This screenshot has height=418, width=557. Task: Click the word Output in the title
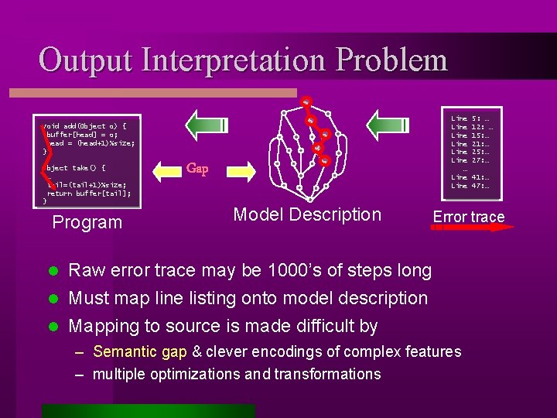(85, 60)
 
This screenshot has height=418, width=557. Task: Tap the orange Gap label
(198, 169)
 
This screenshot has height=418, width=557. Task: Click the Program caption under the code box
(87, 223)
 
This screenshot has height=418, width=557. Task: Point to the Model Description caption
(308, 214)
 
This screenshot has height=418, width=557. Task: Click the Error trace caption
(468, 217)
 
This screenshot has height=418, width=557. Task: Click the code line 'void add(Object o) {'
(85, 125)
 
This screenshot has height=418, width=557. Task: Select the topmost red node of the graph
(306, 101)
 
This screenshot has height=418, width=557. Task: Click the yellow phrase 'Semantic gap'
(140, 351)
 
